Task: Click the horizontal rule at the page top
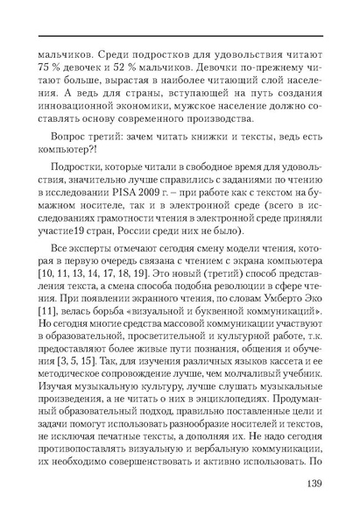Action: (180, 35)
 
